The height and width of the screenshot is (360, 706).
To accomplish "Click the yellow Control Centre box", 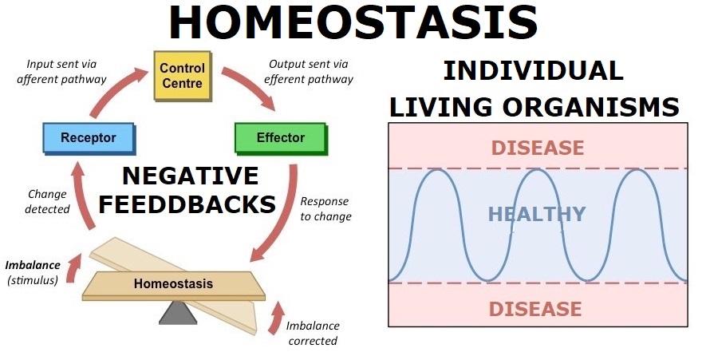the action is click(183, 76).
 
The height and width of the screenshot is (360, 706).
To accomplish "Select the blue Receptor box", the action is click(89, 138).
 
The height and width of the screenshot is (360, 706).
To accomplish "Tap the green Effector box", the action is click(281, 138).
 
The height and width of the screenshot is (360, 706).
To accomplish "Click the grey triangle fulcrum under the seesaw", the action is click(178, 312).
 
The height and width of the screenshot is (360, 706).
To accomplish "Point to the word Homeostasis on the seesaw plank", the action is click(173, 284).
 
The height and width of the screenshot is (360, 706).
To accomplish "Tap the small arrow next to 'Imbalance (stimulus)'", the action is click(73, 268).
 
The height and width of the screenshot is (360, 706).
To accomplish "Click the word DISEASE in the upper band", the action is click(538, 148).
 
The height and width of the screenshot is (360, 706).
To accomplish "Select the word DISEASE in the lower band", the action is click(535, 309).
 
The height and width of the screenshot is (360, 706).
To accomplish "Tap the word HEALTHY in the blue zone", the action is click(537, 214).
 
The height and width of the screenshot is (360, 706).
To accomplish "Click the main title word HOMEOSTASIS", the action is click(353, 22).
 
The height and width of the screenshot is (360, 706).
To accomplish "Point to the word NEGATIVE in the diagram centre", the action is click(191, 176).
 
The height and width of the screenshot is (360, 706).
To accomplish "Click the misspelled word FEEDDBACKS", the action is click(187, 204).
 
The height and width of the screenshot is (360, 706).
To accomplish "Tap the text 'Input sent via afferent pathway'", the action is click(61, 72).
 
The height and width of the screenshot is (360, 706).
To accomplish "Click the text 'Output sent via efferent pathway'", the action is click(309, 72).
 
